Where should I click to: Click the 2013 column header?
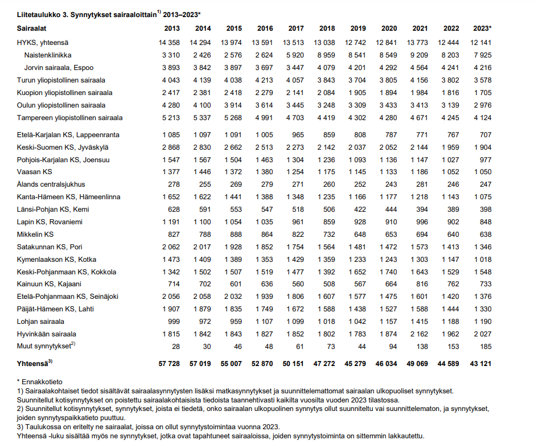(x=172, y=28)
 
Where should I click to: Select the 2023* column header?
(x=482, y=28)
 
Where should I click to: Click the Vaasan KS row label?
(x=35, y=171)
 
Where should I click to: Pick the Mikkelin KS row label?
(x=35, y=234)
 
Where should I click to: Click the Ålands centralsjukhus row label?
(x=51, y=184)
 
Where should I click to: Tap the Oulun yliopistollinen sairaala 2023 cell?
(x=482, y=105)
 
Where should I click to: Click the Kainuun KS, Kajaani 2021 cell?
(x=420, y=284)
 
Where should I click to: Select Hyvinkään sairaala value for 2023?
(x=482, y=334)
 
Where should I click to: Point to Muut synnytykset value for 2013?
(x=175, y=346)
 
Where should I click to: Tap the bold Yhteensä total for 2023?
(x=479, y=363)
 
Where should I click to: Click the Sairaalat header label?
(x=32, y=28)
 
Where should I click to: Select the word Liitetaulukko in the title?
(x=36, y=14)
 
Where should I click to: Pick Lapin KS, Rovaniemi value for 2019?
(x=358, y=221)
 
